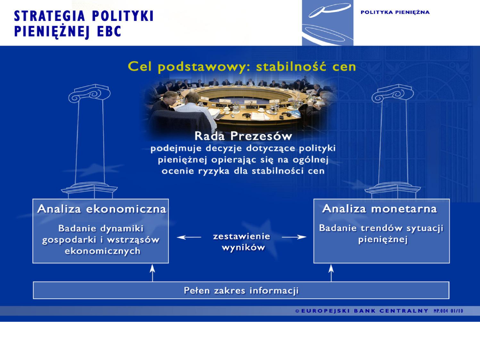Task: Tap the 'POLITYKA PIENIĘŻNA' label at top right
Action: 395,12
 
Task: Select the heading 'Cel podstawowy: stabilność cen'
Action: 242,67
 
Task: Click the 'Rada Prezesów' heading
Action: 243,136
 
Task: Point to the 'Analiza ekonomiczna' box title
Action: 102,209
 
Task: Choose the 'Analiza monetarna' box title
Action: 379,209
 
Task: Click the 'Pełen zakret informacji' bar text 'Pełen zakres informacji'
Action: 241,291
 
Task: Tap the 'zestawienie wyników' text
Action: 242,242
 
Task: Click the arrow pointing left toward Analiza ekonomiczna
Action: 189,237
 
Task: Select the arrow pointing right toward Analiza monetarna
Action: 294,237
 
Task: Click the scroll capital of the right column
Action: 393,93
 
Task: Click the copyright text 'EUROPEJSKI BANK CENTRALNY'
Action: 364,311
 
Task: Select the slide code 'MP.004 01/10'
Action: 448,311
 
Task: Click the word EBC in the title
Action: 105,32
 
